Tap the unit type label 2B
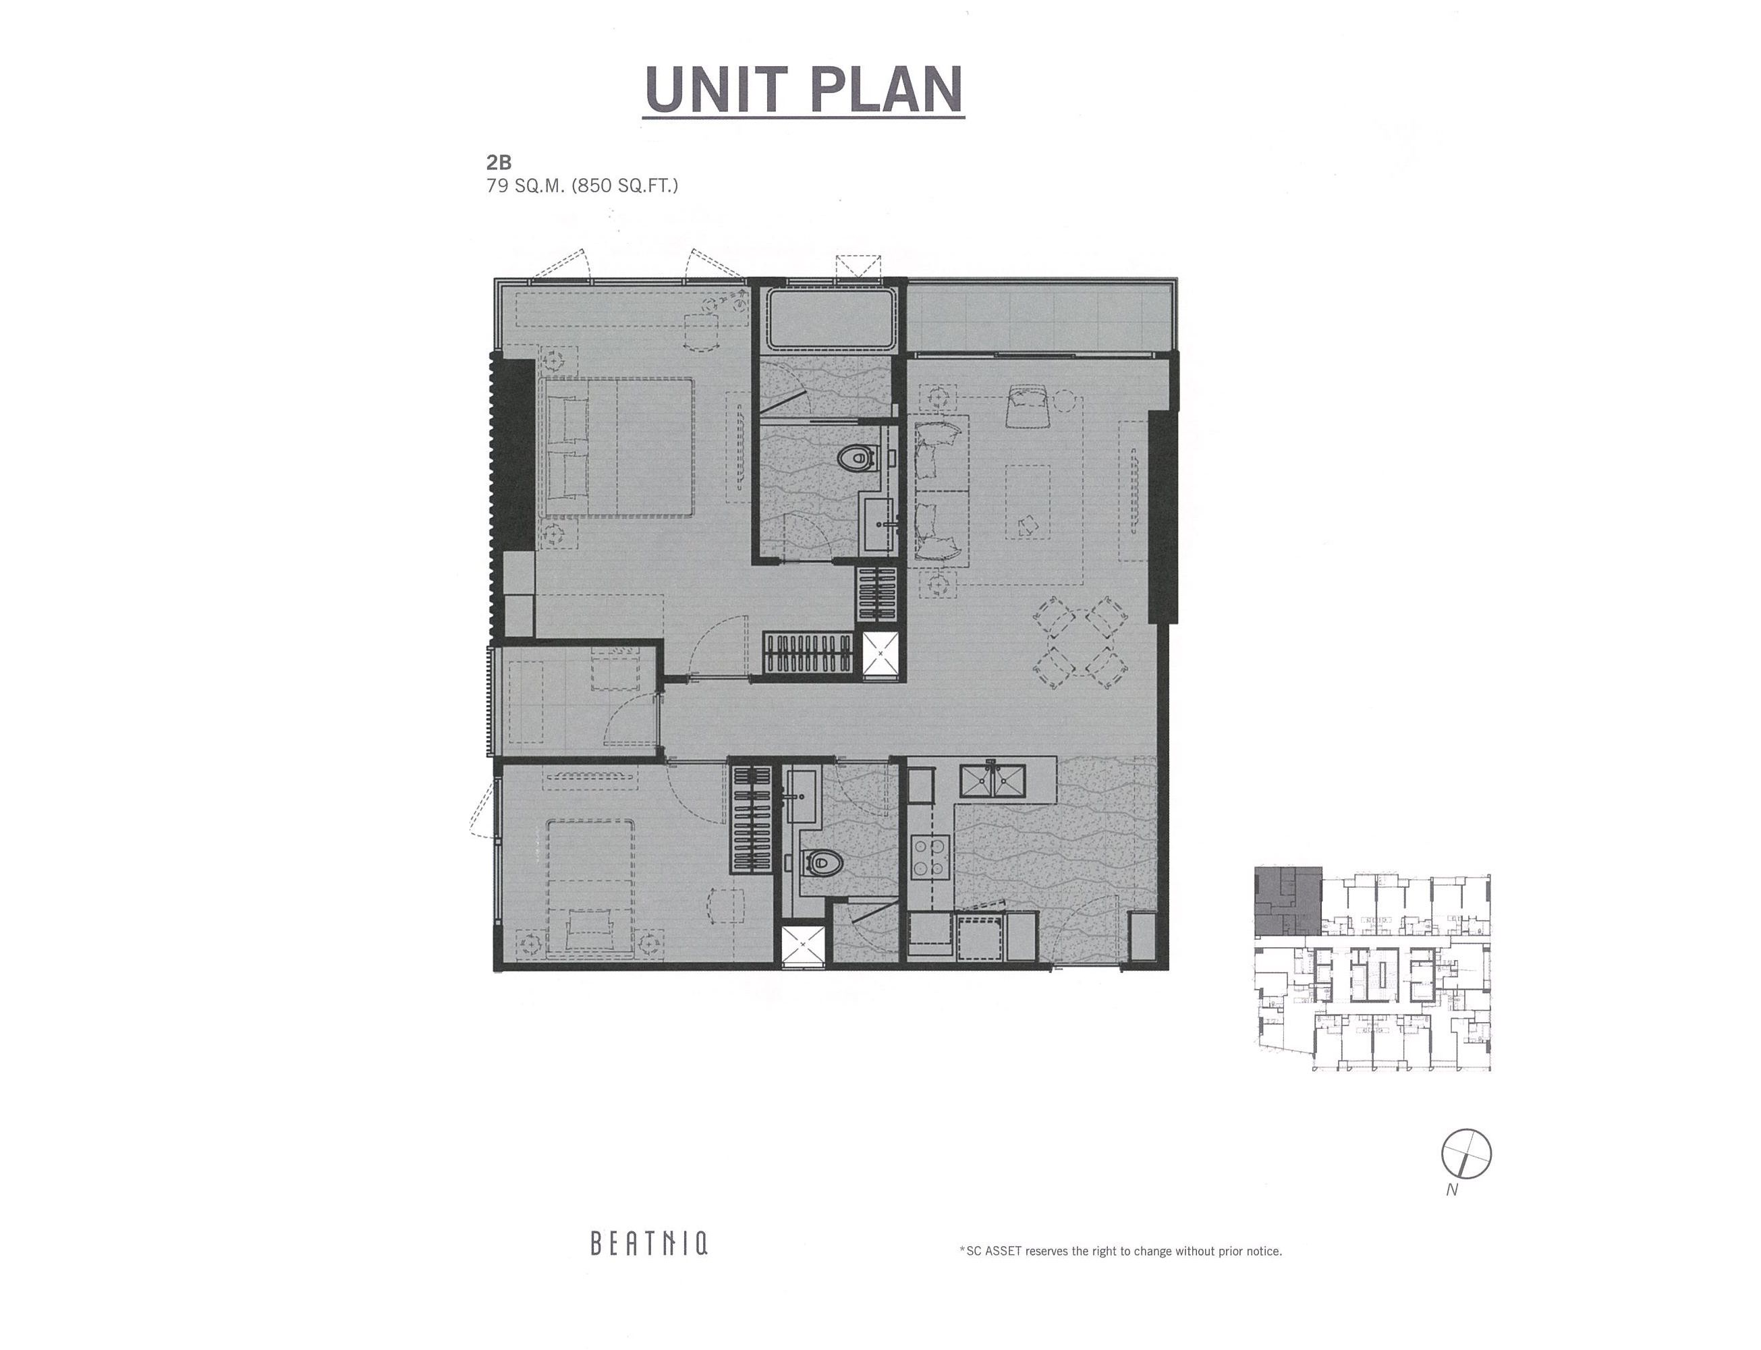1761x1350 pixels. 499,163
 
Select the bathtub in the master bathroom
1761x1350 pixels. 829,318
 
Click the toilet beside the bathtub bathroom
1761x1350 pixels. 855,459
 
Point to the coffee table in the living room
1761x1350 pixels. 1028,502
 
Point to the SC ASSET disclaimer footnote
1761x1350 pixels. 1121,1251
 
